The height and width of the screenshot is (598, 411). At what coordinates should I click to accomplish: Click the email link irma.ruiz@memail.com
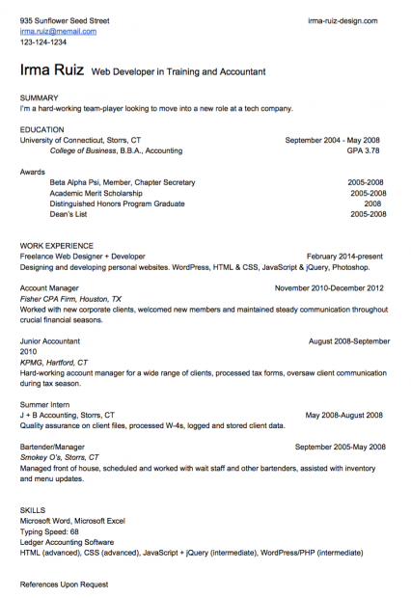58,31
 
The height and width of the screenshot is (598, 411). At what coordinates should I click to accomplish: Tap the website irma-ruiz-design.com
342,19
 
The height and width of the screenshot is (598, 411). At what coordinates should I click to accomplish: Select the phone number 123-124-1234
43,42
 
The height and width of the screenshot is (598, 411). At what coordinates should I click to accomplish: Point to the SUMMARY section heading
40,97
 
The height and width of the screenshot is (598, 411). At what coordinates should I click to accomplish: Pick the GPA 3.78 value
363,150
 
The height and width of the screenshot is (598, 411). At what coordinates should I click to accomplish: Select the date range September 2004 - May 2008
333,140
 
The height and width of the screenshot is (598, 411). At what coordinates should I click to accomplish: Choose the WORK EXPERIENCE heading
57,246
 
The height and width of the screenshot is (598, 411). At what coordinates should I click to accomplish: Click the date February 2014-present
344,257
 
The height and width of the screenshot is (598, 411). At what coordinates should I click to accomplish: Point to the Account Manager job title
49,287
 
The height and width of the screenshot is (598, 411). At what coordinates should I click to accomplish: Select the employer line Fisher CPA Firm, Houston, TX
70,299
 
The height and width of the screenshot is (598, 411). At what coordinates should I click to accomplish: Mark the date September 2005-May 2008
340,447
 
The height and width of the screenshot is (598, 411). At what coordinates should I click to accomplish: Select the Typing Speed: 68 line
49,531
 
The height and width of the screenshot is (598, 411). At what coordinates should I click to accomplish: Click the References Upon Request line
64,584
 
